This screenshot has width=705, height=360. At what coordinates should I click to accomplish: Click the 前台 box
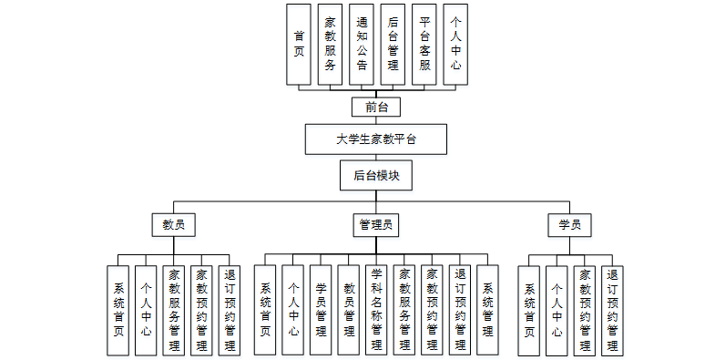[x=376, y=107]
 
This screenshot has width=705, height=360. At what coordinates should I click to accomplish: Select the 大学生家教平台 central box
[x=376, y=140]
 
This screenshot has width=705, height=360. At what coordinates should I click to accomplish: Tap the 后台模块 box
[x=376, y=175]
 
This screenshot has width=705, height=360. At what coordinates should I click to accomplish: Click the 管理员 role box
[x=376, y=224]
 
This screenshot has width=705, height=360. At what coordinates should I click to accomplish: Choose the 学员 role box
[x=569, y=224]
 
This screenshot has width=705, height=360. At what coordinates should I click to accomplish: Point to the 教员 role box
[x=173, y=224]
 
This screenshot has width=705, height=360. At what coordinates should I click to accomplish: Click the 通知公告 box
[x=362, y=45]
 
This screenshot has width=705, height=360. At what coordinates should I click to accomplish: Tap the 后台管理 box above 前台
[x=393, y=45]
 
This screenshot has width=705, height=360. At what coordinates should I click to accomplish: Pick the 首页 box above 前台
[x=299, y=45]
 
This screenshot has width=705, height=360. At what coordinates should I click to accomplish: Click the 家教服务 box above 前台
[x=330, y=45]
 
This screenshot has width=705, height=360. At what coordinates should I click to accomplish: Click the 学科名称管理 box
[x=376, y=310]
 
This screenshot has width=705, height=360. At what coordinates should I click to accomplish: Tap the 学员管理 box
[x=321, y=310]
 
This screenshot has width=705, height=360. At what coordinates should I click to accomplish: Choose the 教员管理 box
[x=348, y=310]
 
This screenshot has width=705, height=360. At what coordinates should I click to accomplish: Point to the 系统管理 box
[x=488, y=310]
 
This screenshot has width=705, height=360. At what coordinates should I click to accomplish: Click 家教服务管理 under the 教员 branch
[x=173, y=310]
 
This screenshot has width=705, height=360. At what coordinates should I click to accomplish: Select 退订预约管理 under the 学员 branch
[x=612, y=310]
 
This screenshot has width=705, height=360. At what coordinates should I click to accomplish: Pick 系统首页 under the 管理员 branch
[x=265, y=310]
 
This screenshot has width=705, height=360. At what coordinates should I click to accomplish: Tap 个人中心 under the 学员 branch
[x=557, y=310]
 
